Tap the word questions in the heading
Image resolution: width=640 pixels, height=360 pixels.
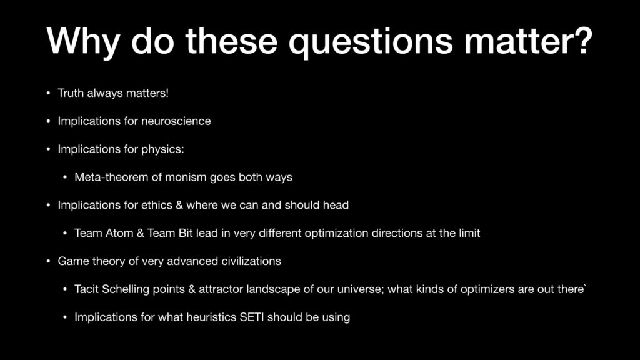[371, 42]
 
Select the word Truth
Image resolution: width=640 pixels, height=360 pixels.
[71, 93]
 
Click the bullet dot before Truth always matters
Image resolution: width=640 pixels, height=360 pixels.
[48, 94]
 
